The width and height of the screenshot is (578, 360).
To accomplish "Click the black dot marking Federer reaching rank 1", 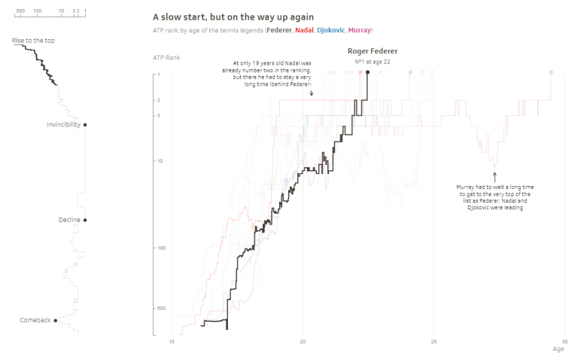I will tap(367, 72).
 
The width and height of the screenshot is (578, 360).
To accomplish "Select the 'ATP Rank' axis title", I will tap(166, 57).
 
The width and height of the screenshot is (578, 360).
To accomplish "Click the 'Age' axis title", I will tap(558, 349).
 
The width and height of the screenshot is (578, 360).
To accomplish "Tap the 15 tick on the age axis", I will tap(172, 341).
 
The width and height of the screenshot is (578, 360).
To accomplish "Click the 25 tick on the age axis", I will tap(433, 341).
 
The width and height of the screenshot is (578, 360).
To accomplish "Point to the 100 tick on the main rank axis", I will tap(160, 248).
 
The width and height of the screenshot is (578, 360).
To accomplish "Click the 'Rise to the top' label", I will tap(33, 41).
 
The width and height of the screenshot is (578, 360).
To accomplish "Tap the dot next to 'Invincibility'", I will tap(85, 125).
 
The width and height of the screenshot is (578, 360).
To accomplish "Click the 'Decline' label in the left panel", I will tap(69, 220).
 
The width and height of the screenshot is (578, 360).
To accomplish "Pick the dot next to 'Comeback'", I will tap(56, 320).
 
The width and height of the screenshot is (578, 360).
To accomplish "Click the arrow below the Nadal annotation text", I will tap(311, 93).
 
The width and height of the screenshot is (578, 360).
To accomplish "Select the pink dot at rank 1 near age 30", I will tap(551, 72).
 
